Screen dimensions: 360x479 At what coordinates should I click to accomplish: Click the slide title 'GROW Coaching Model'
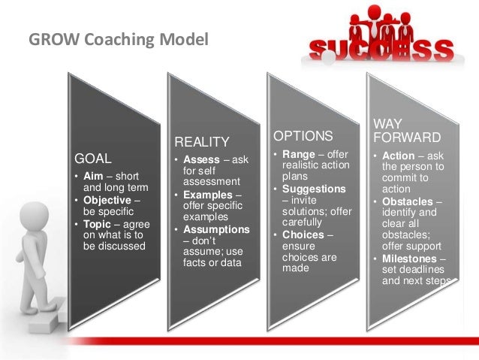pyautogui.click(x=118, y=39)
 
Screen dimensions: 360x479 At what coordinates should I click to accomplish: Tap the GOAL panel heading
pyautogui.click(x=92, y=159)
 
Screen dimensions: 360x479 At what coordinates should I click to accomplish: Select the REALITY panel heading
pyautogui.click(x=201, y=142)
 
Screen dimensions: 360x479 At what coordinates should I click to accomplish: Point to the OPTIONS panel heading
pyautogui.click(x=303, y=136)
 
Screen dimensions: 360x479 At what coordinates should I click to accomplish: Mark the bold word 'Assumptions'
pyautogui.click(x=215, y=229)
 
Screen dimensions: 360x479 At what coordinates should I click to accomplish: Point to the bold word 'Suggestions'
pyautogui.click(x=314, y=189)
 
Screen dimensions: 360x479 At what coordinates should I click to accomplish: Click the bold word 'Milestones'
pyautogui.click(x=411, y=259)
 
